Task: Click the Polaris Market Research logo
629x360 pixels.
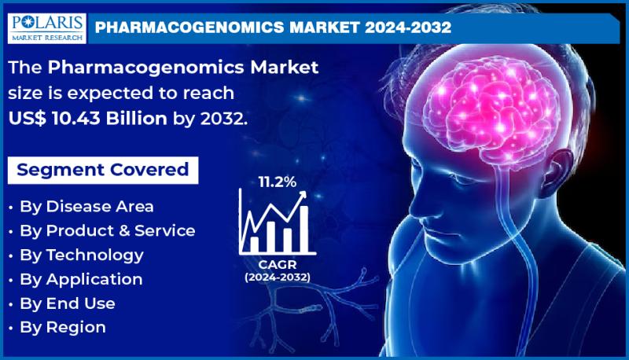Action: coord(46,28)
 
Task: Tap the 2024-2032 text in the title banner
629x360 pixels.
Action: coord(408,28)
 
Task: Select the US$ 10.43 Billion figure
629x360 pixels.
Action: coord(87,118)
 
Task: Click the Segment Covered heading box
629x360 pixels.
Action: coord(103,170)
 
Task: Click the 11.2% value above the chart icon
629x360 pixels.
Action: coord(278,182)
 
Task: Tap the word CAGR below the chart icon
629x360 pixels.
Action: coord(278,265)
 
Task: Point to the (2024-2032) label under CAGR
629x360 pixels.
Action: coord(278,277)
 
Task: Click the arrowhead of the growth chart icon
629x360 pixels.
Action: coord(303,194)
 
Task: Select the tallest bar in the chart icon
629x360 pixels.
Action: coord(304,229)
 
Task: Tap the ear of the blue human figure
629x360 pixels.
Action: coord(556,172)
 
